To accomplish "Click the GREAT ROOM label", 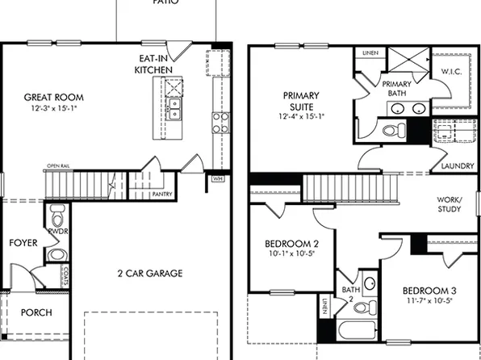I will point(53,98).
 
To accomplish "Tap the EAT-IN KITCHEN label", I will point(153,65).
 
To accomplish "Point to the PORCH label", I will point(36,312).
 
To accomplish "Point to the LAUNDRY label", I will point(458,167).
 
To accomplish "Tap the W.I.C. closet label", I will point(452,72).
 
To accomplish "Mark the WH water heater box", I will point(217,178).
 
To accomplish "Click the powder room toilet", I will point(57,218).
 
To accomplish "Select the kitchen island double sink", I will point(174,108).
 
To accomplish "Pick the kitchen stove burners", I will point(220,122).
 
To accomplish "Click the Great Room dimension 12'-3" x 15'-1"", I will point(53,108).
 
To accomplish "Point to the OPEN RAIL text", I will point(58,166).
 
